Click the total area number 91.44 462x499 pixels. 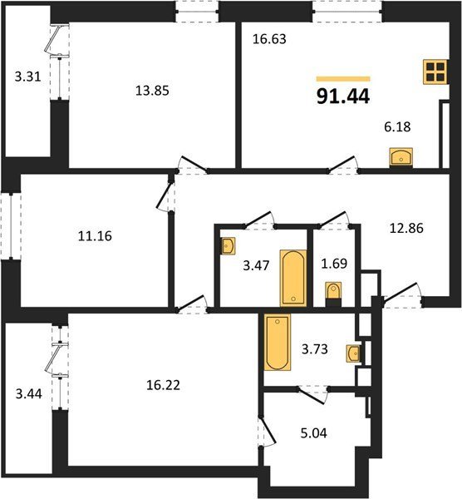point(343,96)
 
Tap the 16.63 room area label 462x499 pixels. point(269,39)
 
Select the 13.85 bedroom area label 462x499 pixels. point(152,91)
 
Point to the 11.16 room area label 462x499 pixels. point(95,236)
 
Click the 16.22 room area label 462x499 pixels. point(163,385)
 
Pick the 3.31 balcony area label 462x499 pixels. point(28,77)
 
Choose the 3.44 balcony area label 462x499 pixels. point(28,394)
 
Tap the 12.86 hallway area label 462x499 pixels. point(406,228)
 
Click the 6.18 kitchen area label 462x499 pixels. point(397,126)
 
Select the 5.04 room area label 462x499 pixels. point(314,433)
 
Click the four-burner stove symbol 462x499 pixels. point(435,72)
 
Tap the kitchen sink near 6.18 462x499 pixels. point(401,157)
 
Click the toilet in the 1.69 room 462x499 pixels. point(333,294)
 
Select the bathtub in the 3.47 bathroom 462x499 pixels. point(293,278)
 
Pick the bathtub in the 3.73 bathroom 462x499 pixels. point(278,342)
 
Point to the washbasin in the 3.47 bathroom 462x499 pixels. point(229,245)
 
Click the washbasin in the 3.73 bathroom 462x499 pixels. point(354,353)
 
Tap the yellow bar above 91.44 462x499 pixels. point(343,79)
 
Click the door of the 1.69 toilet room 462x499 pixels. point(334,220)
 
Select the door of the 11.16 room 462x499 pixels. point(164,196)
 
